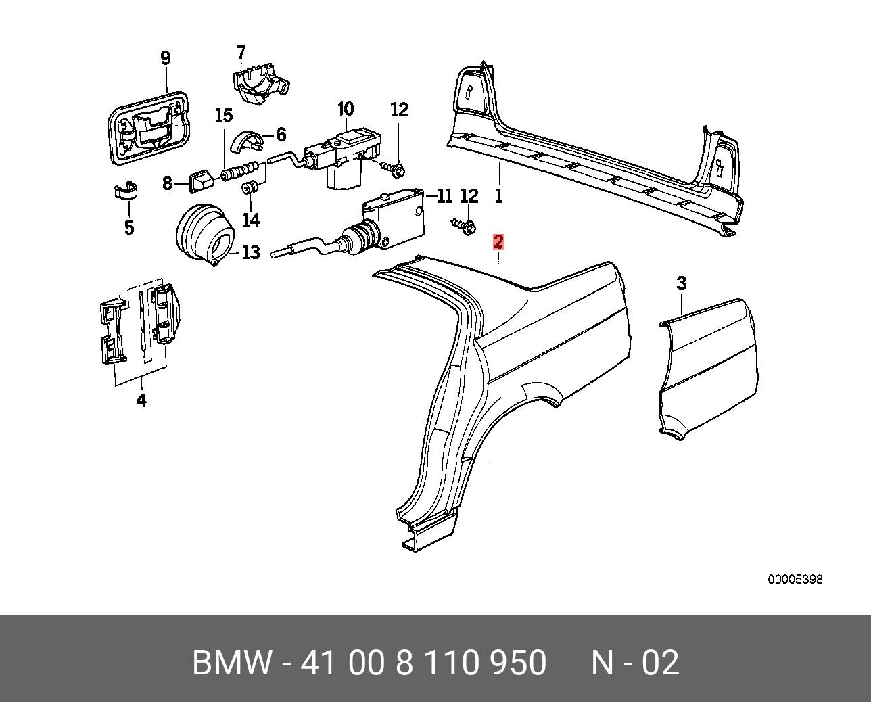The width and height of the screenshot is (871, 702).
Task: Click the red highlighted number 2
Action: pyautogui.click(x=498, y=242)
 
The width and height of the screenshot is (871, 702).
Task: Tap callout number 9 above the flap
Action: pyautogui.click(x=166, y=58)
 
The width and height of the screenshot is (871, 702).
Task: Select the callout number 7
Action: pyautogui.click(x=241, y=53)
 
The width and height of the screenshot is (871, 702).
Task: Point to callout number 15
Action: pyautogui.click(x=224, y=116)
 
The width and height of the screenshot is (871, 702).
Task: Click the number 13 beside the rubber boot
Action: pyautogui.click(x=250, y=252)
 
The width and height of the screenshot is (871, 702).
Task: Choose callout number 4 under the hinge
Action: pyautogui.click(x=141, y=400)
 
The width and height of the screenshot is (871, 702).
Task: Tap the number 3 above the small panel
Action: pyautogui.click(x=682, y=283)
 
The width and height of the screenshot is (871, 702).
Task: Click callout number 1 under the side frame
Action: pyautogui.click(x=499, y=196)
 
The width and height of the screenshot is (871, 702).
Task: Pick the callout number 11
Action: pyautogui.click(x=444, y=197)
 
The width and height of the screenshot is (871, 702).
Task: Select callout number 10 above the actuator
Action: pyautogui.click(x=346, y=110)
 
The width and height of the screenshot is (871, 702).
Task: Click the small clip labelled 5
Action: pyautogui.click(x=125, y=191)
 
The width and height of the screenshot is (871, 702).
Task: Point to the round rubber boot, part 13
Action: pyautogui.click(x=205, y=235)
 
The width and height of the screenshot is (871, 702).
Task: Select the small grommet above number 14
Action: pyautogui.click(x=250, y=189)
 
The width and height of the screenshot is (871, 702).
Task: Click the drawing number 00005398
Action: pyautogui.click(x=795, y=580)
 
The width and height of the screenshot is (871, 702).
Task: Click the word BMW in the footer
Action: pyautogui.click(x=232, y=663)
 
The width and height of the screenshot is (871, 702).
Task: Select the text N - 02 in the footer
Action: pyautogui.click(x=635, y=663)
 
